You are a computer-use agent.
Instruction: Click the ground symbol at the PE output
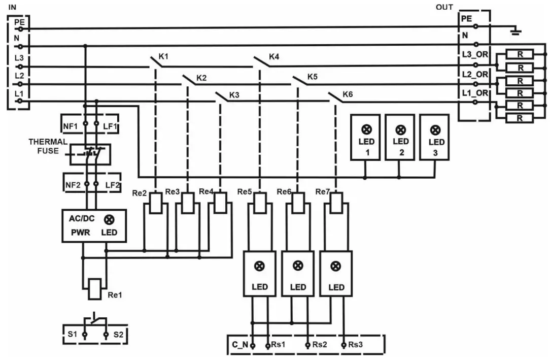click(515, 31)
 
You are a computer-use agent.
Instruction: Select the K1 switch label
click(163, 56)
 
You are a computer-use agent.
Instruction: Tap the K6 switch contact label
click(347, 94)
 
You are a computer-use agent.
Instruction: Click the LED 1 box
click(366, 137)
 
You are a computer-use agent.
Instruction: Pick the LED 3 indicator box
click(435, 137)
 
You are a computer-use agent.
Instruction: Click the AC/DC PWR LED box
click(93, 225)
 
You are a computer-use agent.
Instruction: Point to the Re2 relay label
click(140, 193)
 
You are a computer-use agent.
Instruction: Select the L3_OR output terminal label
click(474, 54)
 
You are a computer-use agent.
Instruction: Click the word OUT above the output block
click(444, 7)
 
